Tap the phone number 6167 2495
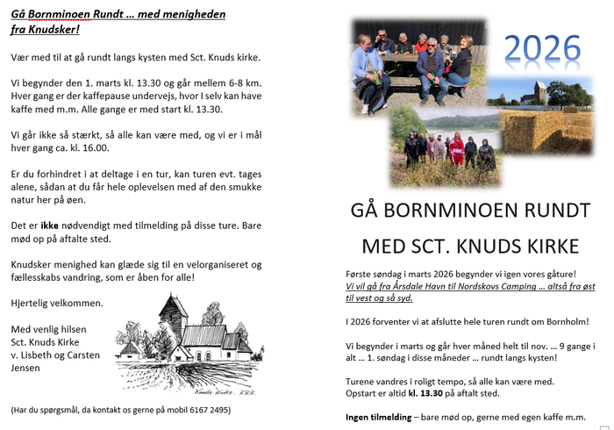pos(209,410)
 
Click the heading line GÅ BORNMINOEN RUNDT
pos(469,211)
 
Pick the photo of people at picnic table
pos(412,66)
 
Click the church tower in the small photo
pos(538,91)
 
